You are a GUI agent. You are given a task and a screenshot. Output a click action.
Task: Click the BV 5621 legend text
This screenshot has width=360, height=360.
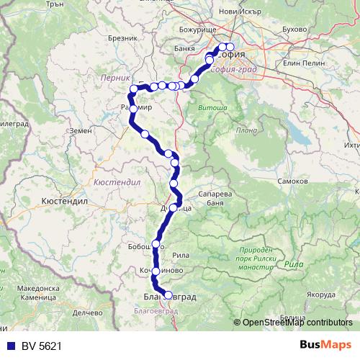(x=41, y=346)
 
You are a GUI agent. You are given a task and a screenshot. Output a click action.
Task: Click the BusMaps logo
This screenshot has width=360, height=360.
(x=325, y=345)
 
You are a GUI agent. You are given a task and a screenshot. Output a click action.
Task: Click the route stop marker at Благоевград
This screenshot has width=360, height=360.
(x=169, y=294)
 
